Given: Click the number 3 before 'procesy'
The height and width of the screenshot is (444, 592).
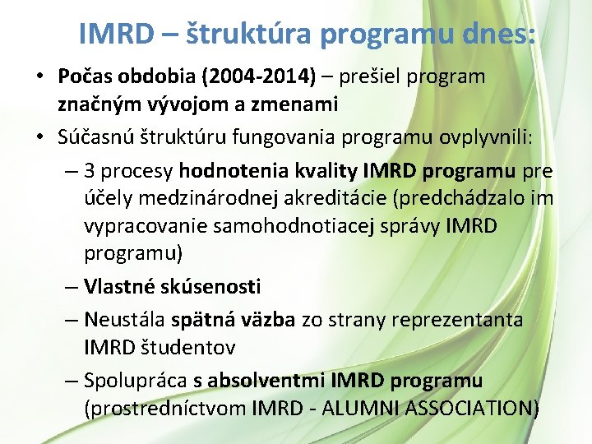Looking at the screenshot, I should point(90,171).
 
